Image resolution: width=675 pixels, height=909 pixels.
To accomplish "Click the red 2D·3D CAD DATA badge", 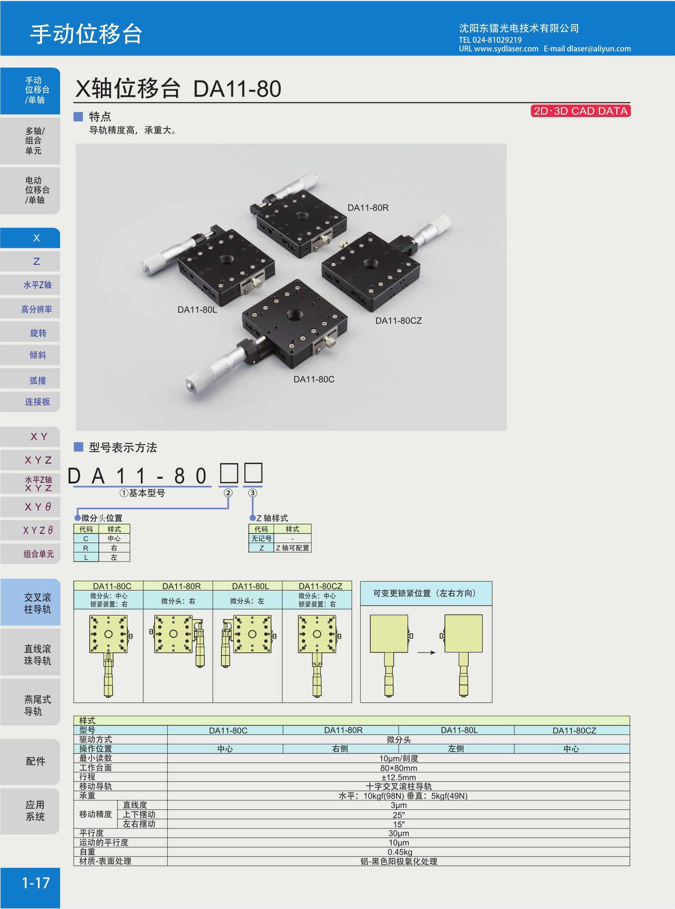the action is (x=580, y=111).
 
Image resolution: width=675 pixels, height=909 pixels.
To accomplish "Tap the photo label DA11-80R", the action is (x=368, y=208).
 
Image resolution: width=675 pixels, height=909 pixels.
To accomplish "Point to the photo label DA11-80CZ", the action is (x=398, y=321).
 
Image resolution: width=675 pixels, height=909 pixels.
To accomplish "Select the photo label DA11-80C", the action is (x=314, y=380).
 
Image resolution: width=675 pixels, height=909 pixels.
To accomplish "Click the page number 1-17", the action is (x=36, y=883).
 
